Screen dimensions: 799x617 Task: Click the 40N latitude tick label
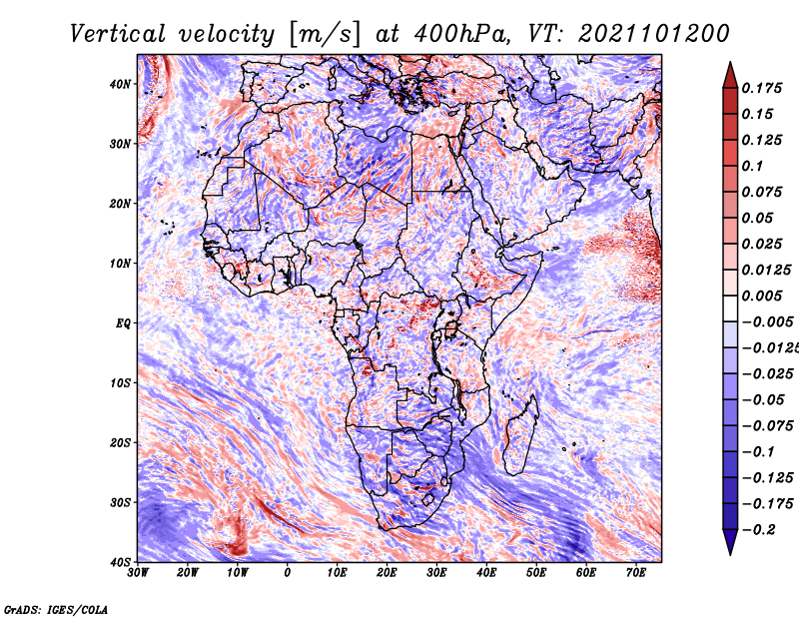[x=120, y=84]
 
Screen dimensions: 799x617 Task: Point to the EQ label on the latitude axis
[x=123, y=323]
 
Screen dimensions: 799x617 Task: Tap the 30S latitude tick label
[x=120, y=503]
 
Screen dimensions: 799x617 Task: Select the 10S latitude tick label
[x=120, y=383]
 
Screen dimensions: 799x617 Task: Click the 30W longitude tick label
[x=138, y=573]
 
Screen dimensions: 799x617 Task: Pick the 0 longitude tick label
[x=287, y=573]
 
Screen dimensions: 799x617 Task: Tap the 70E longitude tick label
[x=636, y=573]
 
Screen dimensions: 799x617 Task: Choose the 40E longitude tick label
[x=486, y=573]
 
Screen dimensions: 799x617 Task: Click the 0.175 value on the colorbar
[x=762, y=89]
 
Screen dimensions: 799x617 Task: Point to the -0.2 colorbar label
[x=759, y=530]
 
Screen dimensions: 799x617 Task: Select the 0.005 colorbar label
[x=762, y=296]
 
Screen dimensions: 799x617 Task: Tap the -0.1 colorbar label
[x=759, y=452]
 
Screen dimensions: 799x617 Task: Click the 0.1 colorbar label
[x=753, y=166]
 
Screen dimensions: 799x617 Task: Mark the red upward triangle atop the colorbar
[x=730, y=76]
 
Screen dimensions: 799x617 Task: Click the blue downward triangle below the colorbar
[x=730, y=542]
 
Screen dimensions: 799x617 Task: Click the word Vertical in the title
[x=118, y=34]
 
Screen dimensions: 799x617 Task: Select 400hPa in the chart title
[x=460, y=34]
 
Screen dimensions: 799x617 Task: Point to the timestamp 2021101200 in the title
[x=654, y=34]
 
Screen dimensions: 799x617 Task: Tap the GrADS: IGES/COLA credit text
[x=56, y=610]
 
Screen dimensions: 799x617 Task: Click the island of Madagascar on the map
[x=520, y=435]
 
